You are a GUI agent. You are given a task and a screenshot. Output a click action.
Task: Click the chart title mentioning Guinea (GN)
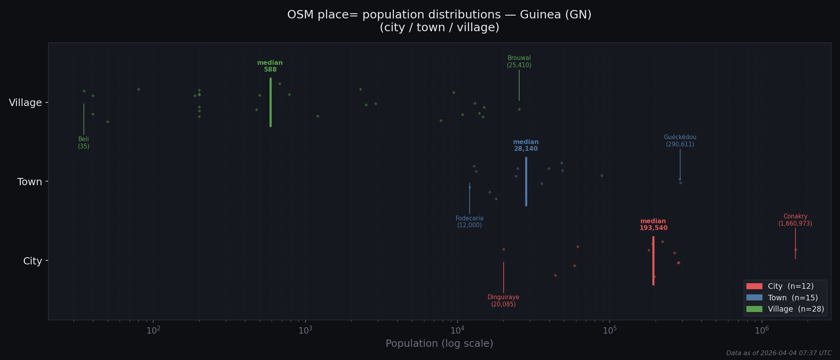[x=439, y=21]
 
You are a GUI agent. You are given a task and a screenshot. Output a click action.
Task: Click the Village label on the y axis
[x=25, y=103]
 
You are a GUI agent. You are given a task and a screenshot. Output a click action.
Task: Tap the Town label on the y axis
[x=30, y=182]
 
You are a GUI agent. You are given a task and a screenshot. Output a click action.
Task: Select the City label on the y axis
[x=32, y=261]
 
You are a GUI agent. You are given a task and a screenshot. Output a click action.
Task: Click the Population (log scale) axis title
[x=439, y=344]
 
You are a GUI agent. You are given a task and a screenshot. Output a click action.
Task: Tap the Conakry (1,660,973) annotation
[x=795, y=220]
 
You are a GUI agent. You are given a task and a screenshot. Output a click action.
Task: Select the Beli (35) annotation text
[x=84, y=143]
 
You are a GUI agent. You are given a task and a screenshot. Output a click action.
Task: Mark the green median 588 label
[x=270, y=66]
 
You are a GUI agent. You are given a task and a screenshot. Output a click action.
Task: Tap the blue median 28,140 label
[x=526, y=146]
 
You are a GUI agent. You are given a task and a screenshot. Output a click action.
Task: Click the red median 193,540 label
[x=653, y=225]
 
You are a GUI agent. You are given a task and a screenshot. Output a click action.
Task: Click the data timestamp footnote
[x=778, y=353]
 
